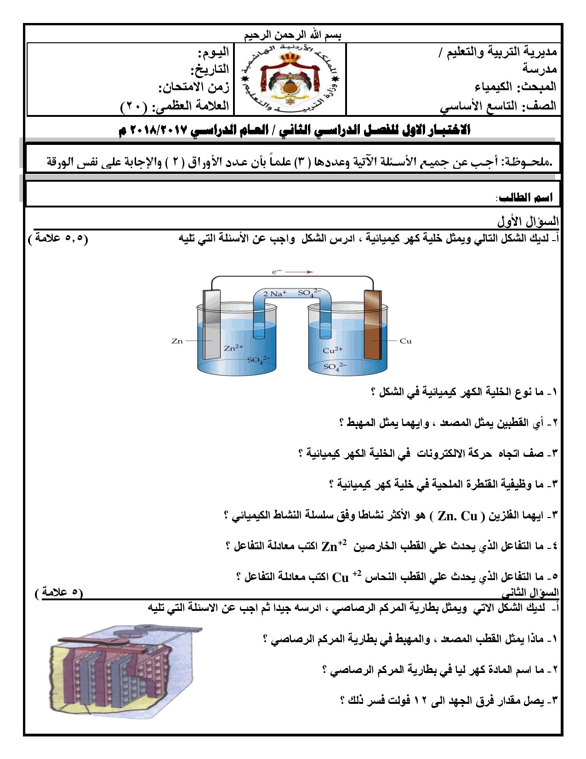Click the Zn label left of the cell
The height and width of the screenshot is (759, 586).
177,341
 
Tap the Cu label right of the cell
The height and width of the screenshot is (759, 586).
405,341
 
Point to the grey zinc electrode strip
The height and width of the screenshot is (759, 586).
211,324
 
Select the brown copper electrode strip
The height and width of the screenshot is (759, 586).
373,324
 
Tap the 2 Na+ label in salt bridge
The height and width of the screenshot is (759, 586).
275,293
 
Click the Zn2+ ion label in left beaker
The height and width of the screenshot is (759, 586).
233,348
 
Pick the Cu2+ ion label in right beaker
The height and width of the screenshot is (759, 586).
332,350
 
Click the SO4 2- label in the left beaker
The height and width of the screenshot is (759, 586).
259,360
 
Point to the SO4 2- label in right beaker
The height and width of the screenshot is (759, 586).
335,366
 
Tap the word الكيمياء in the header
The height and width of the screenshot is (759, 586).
493,86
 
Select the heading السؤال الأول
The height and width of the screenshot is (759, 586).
527,222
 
